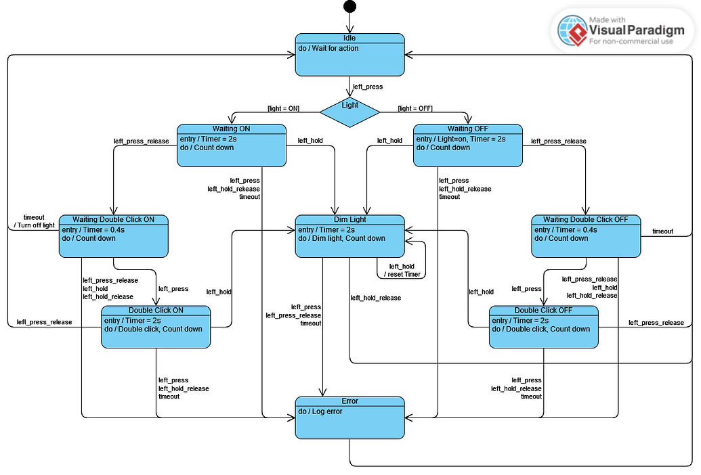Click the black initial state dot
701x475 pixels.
(349, 7)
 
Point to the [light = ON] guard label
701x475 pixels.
(283, 109)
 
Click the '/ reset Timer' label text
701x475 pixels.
(402, 274)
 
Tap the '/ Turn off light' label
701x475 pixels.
(34, 225)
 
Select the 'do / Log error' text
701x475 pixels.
(320, 411)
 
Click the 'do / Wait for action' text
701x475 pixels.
(328, 49)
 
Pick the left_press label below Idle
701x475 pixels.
(368, 87)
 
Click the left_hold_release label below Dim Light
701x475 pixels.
(375, 298)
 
